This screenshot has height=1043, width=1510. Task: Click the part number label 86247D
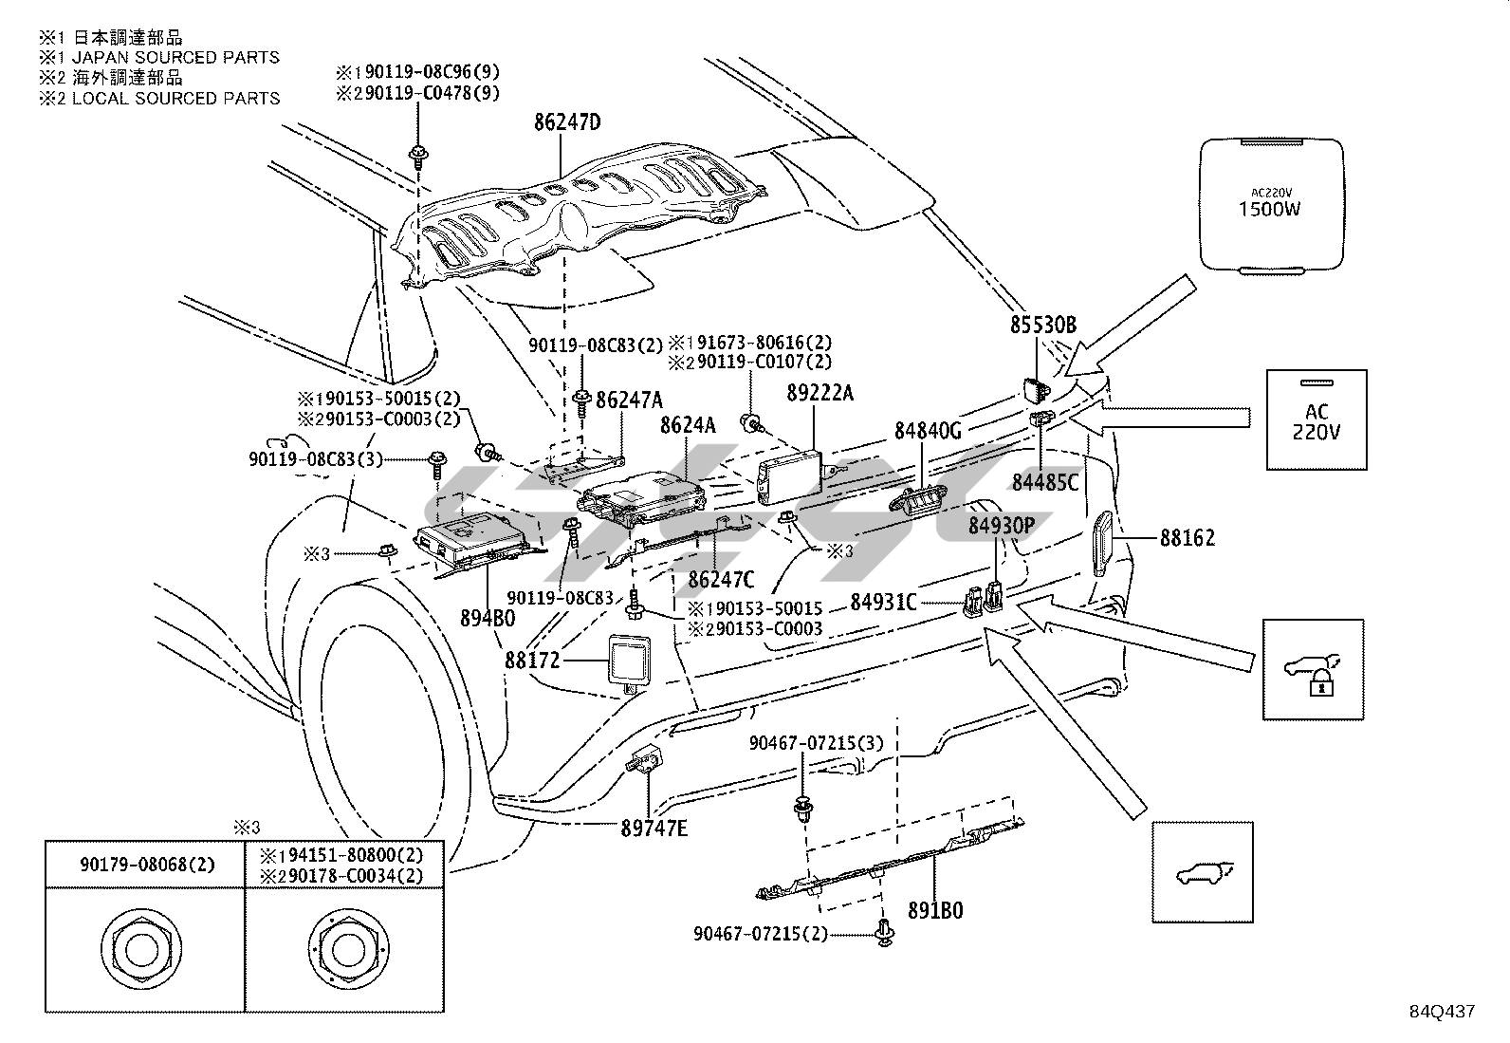[x=568, y=122]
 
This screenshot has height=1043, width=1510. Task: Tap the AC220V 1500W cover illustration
[x=1271, y=205]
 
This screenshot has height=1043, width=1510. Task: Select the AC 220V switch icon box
[x=1317, y=419]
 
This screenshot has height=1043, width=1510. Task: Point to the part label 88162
[x=1188, y=538]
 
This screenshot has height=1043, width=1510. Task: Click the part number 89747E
[x=654, y=828]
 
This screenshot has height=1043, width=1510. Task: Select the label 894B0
[x=488, y=618]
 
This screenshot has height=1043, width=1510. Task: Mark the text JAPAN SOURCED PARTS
[x=175, y=57]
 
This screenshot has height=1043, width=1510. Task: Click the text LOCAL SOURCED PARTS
[x=175, y=98]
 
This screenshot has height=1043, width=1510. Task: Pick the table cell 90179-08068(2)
[x=145, y=864]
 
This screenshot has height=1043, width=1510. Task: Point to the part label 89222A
[x=820, y=393]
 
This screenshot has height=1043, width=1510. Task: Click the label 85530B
[x=1043, y=326]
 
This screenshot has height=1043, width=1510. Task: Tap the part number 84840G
[x=928, y=431]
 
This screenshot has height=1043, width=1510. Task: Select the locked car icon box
[x=1313, y=669]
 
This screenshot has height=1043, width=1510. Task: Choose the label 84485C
[x=1044, y=482]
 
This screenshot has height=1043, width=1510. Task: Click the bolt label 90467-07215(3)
[x=816, y=743]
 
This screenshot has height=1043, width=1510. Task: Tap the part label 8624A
[x=689, y=426]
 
